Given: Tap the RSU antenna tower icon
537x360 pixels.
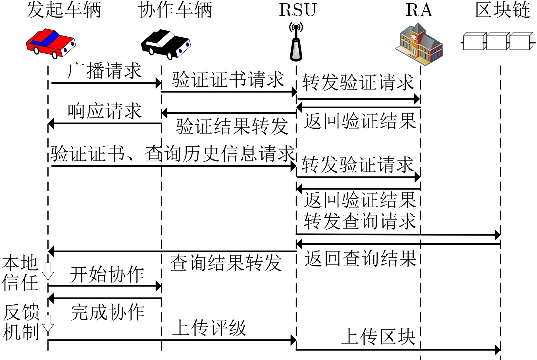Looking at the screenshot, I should pos(296,43).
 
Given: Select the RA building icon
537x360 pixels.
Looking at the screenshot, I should pos(419,44).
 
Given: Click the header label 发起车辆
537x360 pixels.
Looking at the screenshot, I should pos(64,10).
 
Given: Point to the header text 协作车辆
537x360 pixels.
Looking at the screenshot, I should pos(175,10).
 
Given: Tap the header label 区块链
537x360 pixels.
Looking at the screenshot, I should pos(503,10).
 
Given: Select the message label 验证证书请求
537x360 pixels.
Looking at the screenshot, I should pos(228,80).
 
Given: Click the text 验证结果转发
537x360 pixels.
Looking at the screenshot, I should pos(232,126).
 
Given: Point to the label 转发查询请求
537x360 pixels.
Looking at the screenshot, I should pos(360,221).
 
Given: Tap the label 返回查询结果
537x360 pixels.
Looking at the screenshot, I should pos(360,259).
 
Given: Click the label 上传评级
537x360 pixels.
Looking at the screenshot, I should pos(209,328).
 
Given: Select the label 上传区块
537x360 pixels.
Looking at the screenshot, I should pos(378,337).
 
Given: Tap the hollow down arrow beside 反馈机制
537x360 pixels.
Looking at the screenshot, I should pos(48,323).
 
